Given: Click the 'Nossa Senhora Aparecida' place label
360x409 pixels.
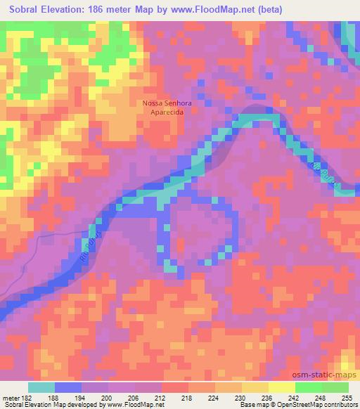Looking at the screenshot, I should tap(167, 108).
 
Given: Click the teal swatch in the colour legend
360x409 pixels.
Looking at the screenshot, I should tap(41, 387).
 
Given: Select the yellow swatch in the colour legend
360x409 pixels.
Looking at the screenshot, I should tap(281, 387).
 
